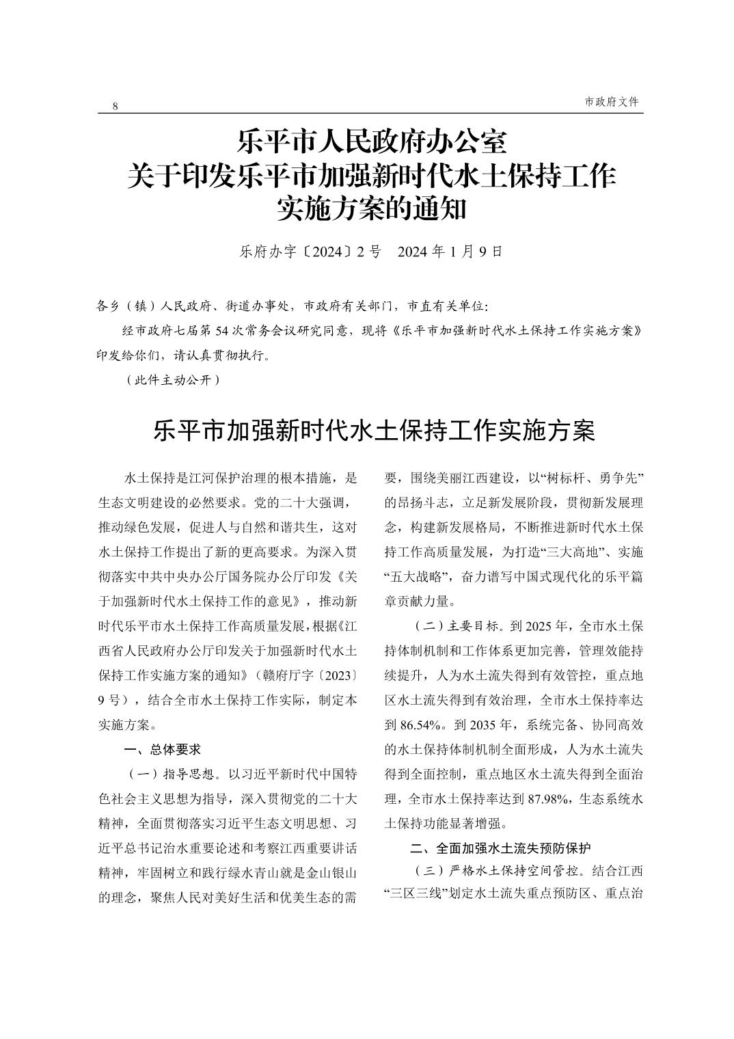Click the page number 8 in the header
[x=115, y=106]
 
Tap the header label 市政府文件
[x=612, y=101]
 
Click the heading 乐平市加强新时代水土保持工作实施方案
[x=374, y=431]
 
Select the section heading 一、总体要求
[x=163, y=749]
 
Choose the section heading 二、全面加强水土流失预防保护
[x=500, y=849]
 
